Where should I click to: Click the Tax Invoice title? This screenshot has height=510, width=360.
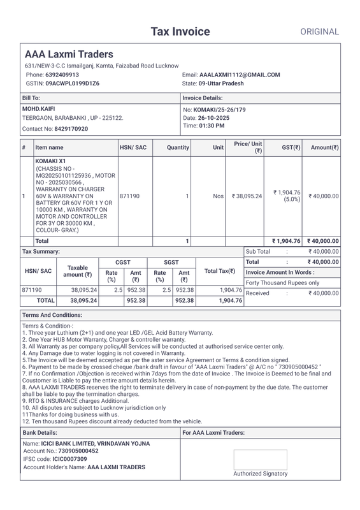180,31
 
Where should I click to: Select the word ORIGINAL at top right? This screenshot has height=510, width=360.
320,32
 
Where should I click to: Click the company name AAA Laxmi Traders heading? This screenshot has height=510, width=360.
69,55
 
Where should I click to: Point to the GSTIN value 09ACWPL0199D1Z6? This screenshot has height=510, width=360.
72,84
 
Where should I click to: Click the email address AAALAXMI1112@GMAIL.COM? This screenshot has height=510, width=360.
240,75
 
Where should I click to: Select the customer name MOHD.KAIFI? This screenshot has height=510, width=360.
38,109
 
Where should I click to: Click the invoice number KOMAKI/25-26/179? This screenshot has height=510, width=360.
219,110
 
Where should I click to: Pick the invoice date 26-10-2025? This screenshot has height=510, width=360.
214,118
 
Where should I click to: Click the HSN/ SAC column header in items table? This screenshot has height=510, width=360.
133,148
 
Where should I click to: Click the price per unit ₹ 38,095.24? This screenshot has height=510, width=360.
247,196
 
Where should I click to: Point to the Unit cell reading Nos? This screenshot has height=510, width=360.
218,196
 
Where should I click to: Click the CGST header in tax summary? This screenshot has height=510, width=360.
123,262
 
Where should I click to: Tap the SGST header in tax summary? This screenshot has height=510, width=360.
171,262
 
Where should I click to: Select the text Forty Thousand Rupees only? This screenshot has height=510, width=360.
283,282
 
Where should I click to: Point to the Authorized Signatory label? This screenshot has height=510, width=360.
260,474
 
